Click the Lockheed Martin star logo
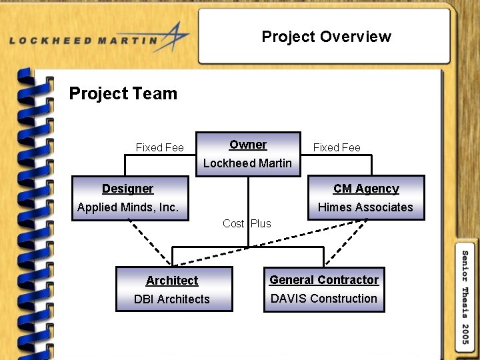(x=174, y=36)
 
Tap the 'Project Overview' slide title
(x=326, y=37)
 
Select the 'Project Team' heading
(x=123, y=93)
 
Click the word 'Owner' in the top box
(x=248, y=145)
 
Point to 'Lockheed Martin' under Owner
(x=247, y=163)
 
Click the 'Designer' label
(x=127, y=189)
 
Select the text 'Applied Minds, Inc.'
(x=128, y=207)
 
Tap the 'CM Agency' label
(x=366, y=189)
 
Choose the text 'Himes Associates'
(x=365, y=207)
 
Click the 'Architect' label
(x=172, y=281)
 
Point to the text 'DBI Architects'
(x=172, y=299)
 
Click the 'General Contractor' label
(x=324, y=280)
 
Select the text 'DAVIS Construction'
(x=324, y=299)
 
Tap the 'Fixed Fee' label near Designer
(x=160, y=147)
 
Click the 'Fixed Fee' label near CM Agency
(x=337, y=147)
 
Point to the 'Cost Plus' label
(x=247, y=223)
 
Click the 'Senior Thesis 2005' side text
(x=465, y=297)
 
